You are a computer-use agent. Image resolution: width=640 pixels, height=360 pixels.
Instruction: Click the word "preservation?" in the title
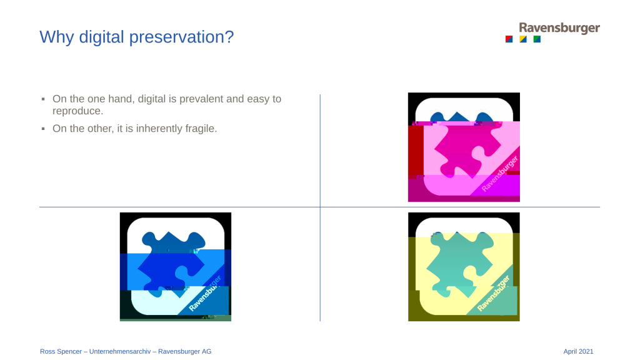click(181, 37)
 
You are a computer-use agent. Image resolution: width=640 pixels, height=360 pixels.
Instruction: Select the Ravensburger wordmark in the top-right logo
click(559, 27)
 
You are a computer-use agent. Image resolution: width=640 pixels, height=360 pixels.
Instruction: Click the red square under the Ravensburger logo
click(509, 39)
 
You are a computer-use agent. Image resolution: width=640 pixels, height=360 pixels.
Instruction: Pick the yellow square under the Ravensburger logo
click(523, 39)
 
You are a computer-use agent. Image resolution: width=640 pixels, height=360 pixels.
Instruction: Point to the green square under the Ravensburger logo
click(537, 39)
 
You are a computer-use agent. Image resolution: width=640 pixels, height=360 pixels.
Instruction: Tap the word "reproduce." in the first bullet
click(77, 111)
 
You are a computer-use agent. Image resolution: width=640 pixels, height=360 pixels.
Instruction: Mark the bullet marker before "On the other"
click(43, 129)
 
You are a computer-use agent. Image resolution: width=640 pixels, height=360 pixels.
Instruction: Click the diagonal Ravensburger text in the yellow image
click(494, 294)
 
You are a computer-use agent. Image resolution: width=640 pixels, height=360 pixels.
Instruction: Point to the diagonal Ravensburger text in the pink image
click(500, 174)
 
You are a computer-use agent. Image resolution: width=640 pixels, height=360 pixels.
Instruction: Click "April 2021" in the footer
click(578, 351)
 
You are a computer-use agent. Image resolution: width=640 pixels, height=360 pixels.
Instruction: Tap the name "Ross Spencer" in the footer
click(61, 351)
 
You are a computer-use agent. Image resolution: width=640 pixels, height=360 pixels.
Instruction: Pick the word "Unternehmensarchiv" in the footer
click(120, 351)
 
